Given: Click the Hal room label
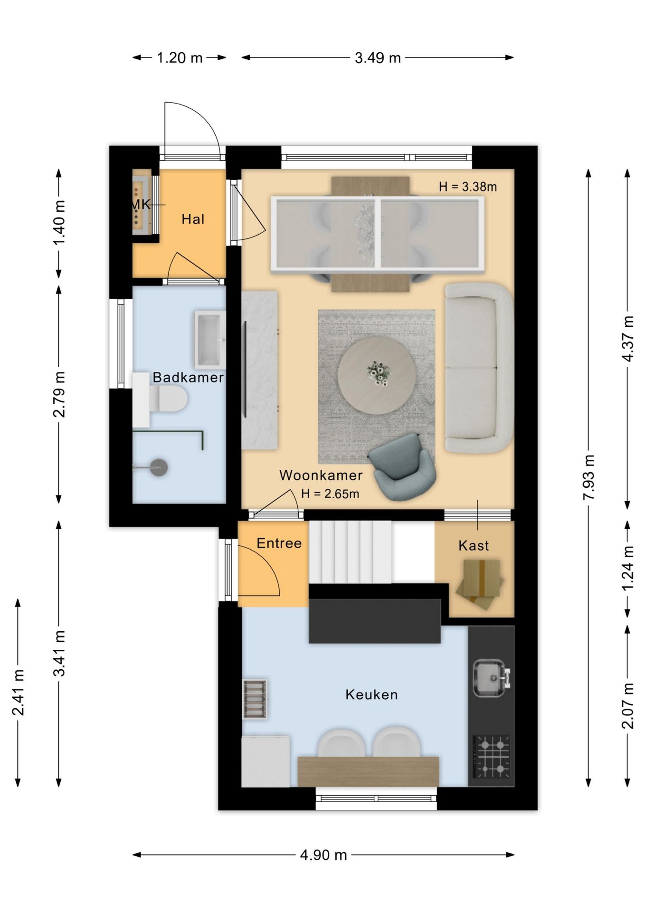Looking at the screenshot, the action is click(193, 219).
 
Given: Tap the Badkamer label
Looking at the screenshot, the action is click(188, 378).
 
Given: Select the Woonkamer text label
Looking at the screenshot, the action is click(321, 475).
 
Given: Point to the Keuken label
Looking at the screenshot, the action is click(371, 695).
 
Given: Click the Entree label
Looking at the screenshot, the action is click(279, 543).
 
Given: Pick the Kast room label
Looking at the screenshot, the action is click(474, 546).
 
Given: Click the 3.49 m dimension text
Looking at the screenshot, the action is click(378, 58).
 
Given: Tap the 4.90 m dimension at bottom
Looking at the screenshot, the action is click(323, 855).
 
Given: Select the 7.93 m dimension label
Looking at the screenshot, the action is click(588, 477).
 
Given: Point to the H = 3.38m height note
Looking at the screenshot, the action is click(468, 187).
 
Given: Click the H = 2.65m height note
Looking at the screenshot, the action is click(330, 494).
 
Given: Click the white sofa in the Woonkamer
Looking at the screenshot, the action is click(479, 368).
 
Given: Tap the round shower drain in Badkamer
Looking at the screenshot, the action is click(158, 467).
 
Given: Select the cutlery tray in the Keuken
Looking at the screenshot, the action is click(255, 699).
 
